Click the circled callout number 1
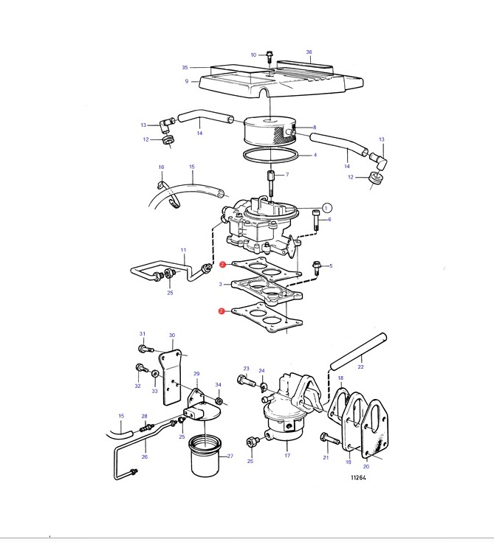coord(326,208)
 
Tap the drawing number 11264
coord(358,477)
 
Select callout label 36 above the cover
coord(309,52)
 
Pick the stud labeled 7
coord(271,182)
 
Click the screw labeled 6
coord(316,220)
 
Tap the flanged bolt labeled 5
coord(316,267)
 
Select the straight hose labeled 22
coord(358,351)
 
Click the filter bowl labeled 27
coord(205,456)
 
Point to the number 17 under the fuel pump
coord(287,455)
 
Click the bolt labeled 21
coord(329,438)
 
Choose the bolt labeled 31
coord(145,349)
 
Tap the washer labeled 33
coord(155,374)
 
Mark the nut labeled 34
coord(219,401)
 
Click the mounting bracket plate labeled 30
coord(171,377)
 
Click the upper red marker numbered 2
coord(222,265)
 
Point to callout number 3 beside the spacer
coord(221,284)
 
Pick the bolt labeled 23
coord(246,381)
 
